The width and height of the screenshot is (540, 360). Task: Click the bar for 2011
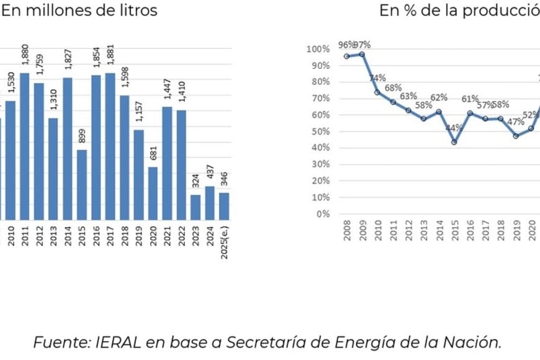25,146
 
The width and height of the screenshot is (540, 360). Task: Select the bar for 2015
82,184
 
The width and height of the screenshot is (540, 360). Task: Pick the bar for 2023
196,207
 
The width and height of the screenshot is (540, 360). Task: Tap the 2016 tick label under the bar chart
96,236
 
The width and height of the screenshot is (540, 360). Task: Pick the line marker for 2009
362,54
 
